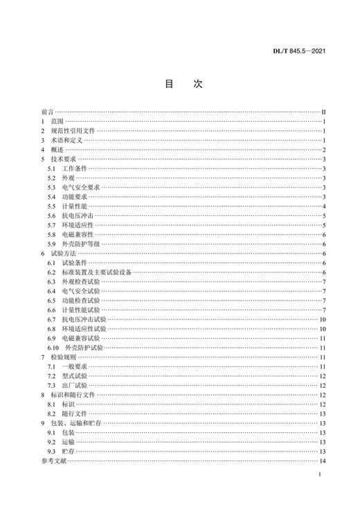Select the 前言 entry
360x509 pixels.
[47, 111]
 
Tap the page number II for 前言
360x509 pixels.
[323, 111]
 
